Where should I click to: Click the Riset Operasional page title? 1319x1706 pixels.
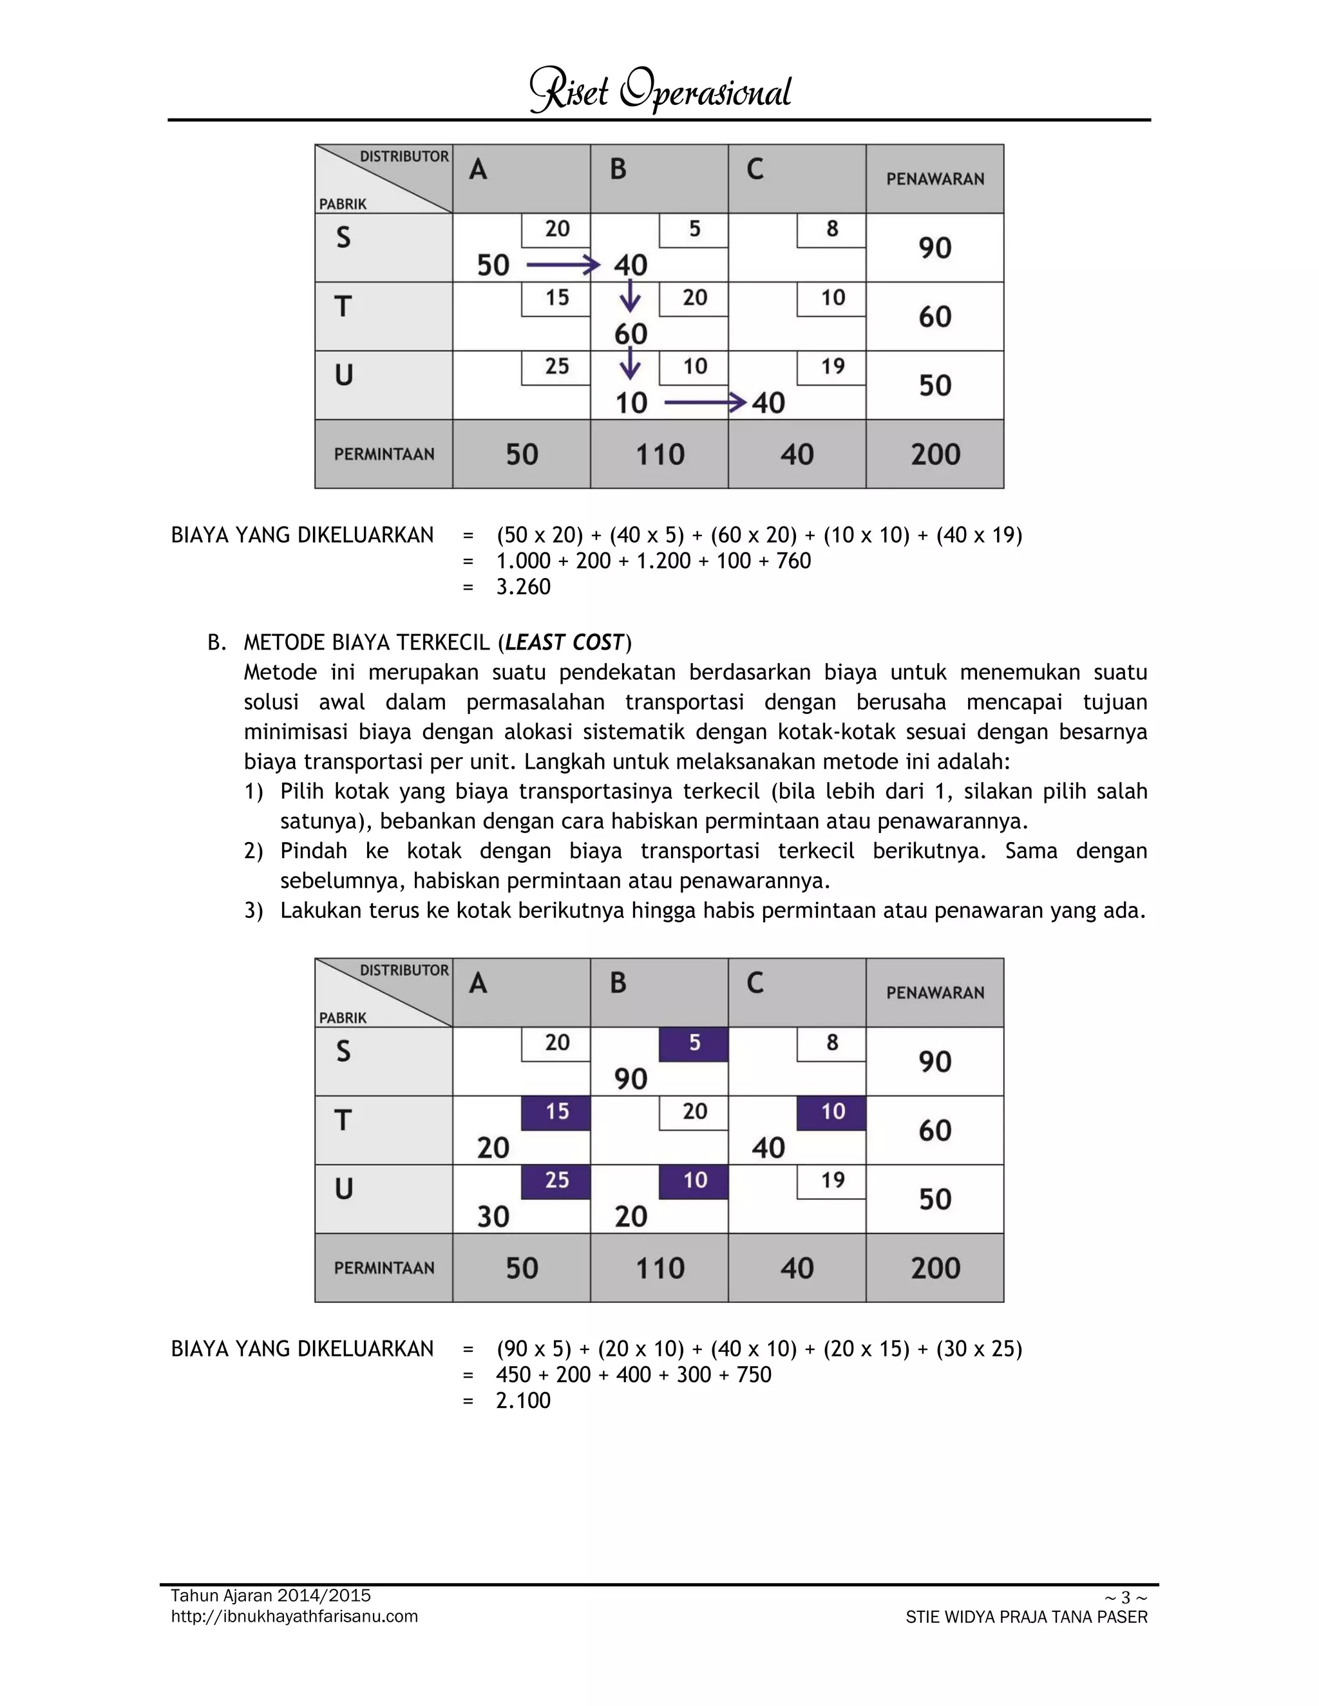point(660,91)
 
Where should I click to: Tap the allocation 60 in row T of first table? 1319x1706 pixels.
point(631,334)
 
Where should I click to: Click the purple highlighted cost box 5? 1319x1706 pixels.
point(694,1044)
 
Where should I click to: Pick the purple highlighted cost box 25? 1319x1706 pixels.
point(556,1181)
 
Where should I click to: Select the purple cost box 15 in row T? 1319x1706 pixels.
point(556,1112)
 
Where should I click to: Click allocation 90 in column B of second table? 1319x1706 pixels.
point(631,1079)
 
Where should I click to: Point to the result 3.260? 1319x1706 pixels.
point(524,586)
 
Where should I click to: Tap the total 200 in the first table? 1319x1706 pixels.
point(935,455)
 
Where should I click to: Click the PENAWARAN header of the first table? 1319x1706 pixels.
point(935,179)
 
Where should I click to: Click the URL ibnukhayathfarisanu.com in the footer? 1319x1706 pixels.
point(294,1616)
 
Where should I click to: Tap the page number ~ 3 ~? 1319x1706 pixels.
point(1125,1597)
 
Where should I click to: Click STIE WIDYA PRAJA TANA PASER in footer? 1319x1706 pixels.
point(1026,1618)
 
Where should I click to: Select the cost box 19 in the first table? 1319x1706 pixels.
point(832,367)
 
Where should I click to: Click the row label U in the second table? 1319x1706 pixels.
point(344,1189)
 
